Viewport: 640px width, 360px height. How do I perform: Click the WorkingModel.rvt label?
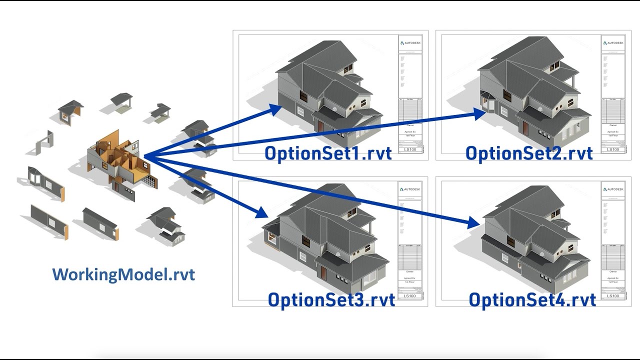point(123,274)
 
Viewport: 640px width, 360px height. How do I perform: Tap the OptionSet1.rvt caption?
point(328,153)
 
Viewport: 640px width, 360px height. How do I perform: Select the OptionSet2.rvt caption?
point(529,153)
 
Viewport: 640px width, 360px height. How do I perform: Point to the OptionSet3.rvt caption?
point(331,299)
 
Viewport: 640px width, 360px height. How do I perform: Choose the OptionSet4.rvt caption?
point(532,299)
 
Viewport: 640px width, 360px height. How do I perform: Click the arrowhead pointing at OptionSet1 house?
point(274,108)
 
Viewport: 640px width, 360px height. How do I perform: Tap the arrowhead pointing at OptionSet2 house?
point(480,114)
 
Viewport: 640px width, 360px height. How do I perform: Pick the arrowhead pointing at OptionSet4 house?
point(475,222)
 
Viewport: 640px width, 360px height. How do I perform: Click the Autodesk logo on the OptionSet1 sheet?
point(410,43)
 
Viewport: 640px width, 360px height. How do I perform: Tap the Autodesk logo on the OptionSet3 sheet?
point(410,189)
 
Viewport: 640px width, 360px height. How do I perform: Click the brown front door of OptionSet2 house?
point(525,128)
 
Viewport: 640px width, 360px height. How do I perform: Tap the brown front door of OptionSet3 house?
point(323,273)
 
